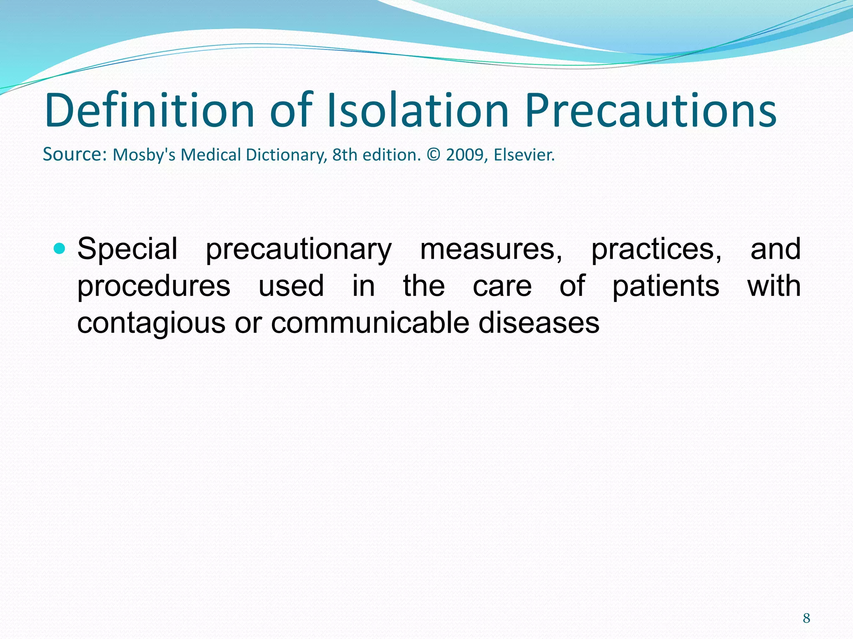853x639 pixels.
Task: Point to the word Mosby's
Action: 144,155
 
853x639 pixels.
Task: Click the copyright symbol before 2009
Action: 433,155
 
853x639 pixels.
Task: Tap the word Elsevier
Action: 524,155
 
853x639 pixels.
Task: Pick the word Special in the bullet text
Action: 127,249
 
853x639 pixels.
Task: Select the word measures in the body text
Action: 491,249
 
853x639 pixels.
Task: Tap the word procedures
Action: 154,286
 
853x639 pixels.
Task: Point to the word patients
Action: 666,286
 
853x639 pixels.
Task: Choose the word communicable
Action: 370,323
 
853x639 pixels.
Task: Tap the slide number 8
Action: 806,618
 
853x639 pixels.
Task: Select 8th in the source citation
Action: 345,155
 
